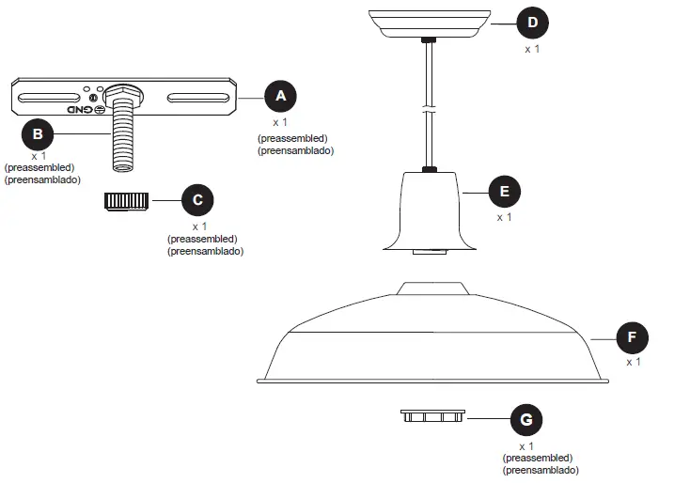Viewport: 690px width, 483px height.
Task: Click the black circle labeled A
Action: (x=280, y=96)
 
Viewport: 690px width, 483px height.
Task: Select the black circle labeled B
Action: (x=37, y=133)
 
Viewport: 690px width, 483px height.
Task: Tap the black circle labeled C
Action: (x=197, y=199)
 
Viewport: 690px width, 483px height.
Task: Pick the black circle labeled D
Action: (x=533, y=21)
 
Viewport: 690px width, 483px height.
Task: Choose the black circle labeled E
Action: (x=505, y=192)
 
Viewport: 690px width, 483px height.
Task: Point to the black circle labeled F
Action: (x=632, y=335)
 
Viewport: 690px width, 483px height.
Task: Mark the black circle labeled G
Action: (x=526, y=418)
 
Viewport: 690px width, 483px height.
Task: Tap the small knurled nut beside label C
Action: (x=126, y=200)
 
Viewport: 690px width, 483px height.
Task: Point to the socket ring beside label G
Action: (x=432, y=416)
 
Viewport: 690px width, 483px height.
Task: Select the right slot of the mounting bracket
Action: (x=197, y=96)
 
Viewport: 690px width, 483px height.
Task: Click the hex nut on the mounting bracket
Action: (x=120, y=96)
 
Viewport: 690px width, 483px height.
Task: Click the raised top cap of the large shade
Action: (x=432, y=288)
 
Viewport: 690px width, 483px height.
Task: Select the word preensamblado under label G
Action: (x=541, y=469)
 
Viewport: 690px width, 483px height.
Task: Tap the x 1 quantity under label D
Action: (x=533, y=47)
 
